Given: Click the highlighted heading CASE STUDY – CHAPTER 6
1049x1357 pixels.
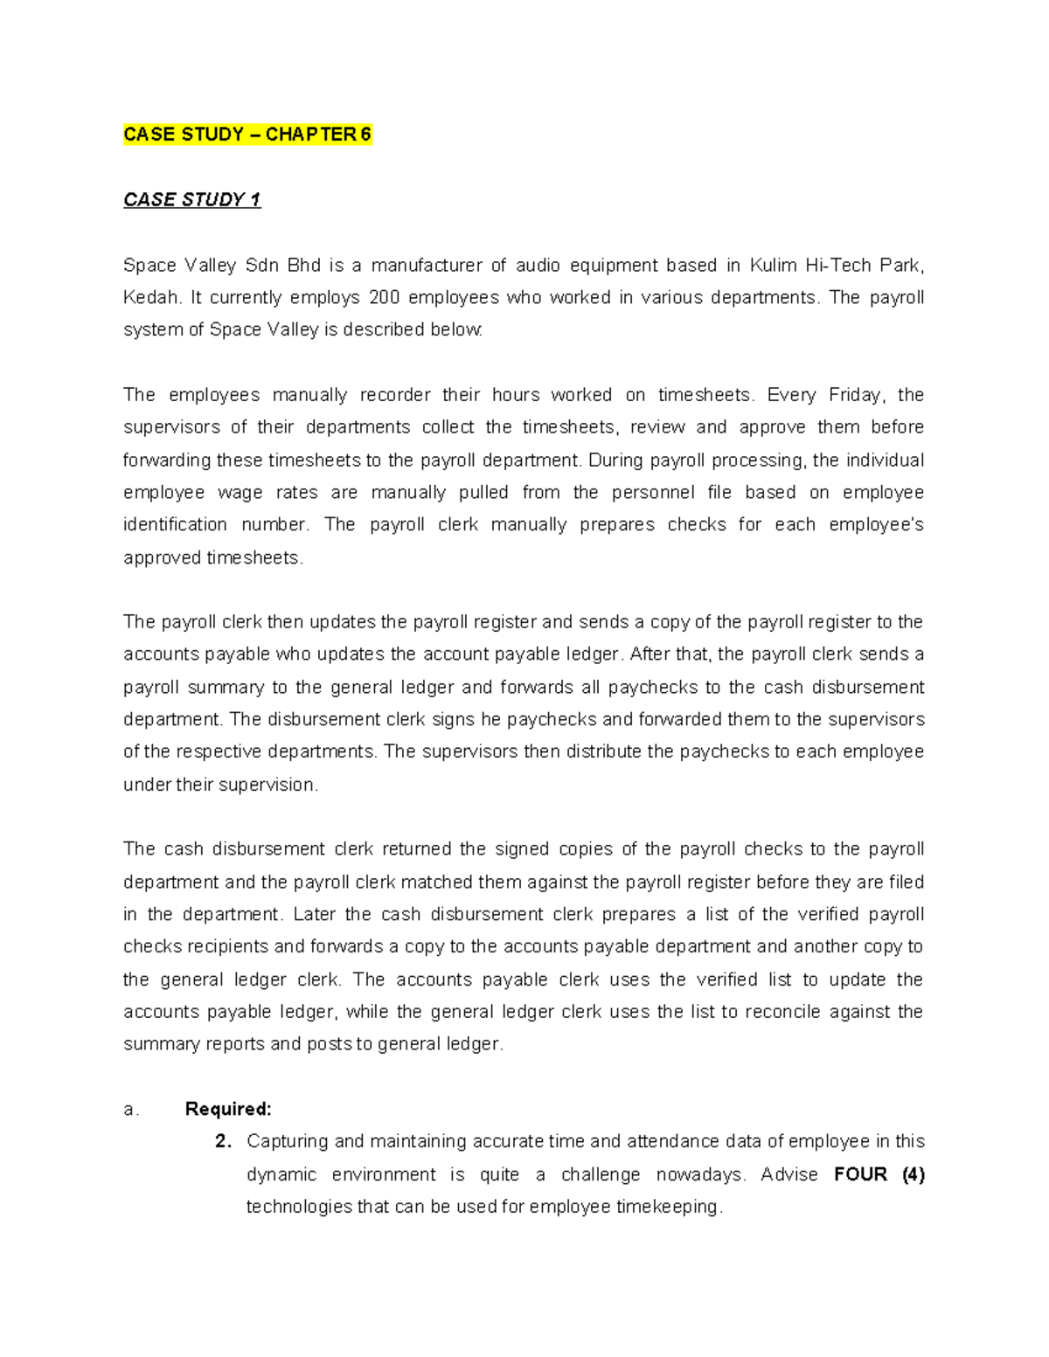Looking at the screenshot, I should (x=247, y=135).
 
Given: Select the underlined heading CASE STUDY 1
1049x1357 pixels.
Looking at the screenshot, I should (x=191, y=200).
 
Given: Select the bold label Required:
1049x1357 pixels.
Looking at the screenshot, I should (x=228, y=1110).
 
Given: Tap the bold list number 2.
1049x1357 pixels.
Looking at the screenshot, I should (x=223, y=1142).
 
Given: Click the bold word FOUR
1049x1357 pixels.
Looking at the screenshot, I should (x=860, y=1174).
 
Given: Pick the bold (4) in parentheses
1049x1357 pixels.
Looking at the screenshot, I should (x=913, y=1174).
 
